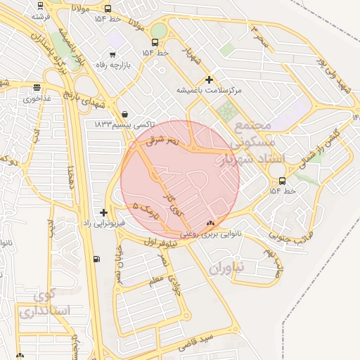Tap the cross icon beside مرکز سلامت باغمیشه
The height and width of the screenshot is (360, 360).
tap(209, 80)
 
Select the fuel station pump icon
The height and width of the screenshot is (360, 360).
tap(96, 259)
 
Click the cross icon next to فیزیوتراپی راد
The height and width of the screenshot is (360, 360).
tap(104, 212)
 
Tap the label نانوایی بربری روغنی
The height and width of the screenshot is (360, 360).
tap(211, 233)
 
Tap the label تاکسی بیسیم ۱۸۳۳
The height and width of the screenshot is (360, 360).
tap(124, 124)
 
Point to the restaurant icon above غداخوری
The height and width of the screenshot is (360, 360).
tap(37, 88)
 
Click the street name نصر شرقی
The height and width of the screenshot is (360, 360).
tap(163, 141)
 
